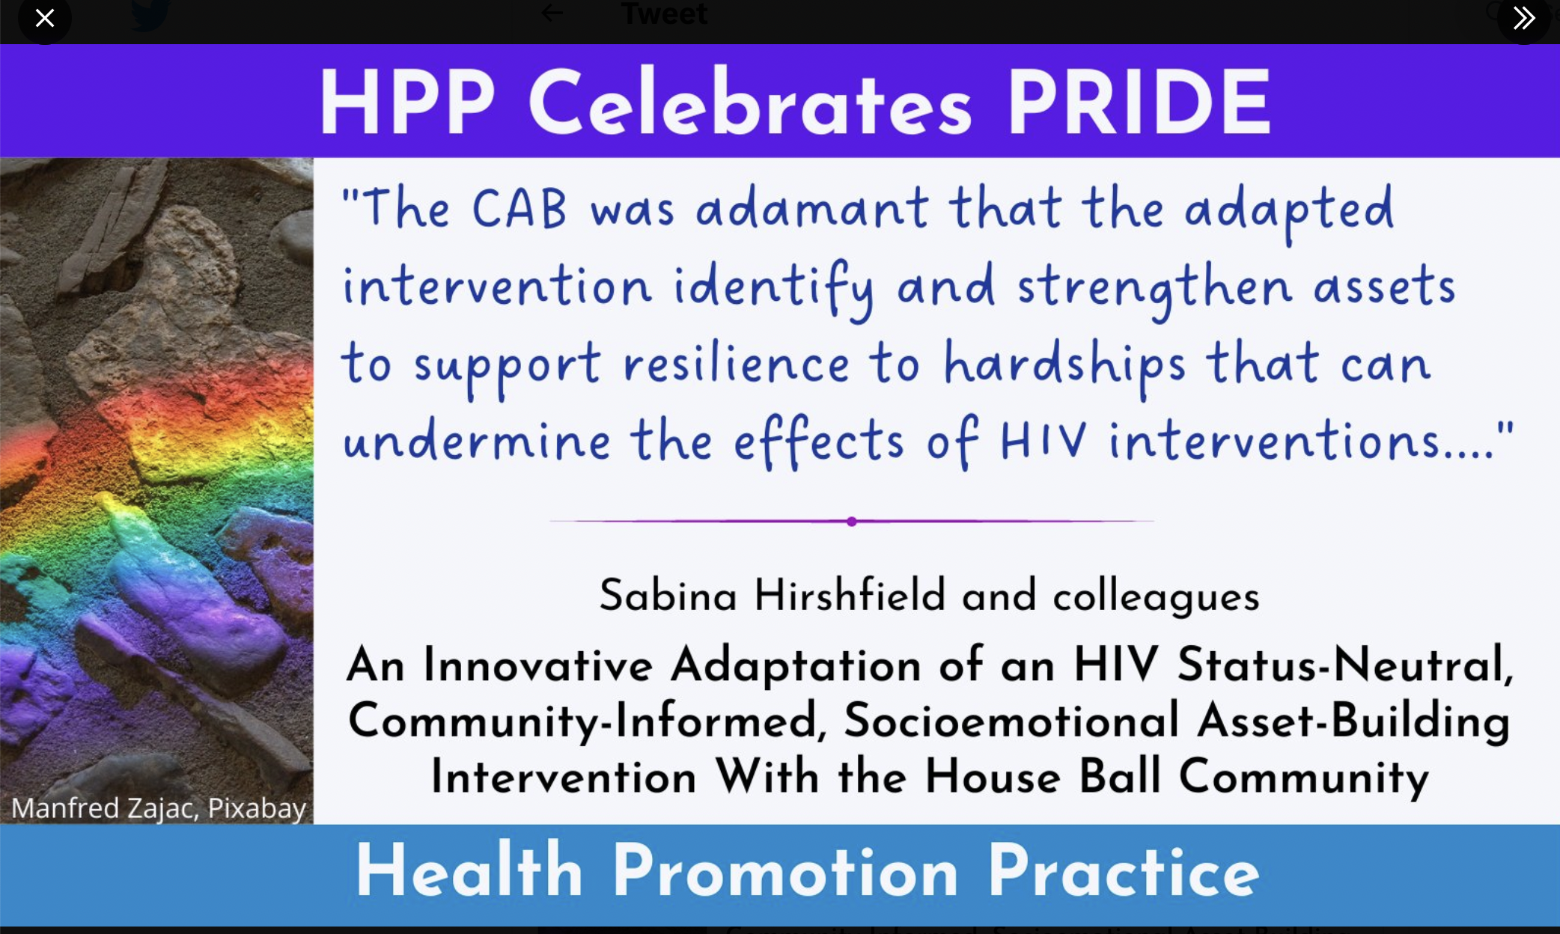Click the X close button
(x=45, y=17)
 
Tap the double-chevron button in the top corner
(x=1523, y=17)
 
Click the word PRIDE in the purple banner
(x=1139, y=103)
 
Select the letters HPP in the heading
(x=407, y=103)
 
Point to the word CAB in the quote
(x=519, y=208)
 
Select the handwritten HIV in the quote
(x=1043, y=440)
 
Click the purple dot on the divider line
(x=852, y=521)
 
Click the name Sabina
(x=668, y=596)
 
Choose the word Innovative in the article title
(x=537, y=665)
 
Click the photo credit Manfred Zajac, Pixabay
(x=159, y=808)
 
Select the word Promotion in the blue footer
(x=785, y=871)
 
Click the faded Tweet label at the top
(x=664, y=13)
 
